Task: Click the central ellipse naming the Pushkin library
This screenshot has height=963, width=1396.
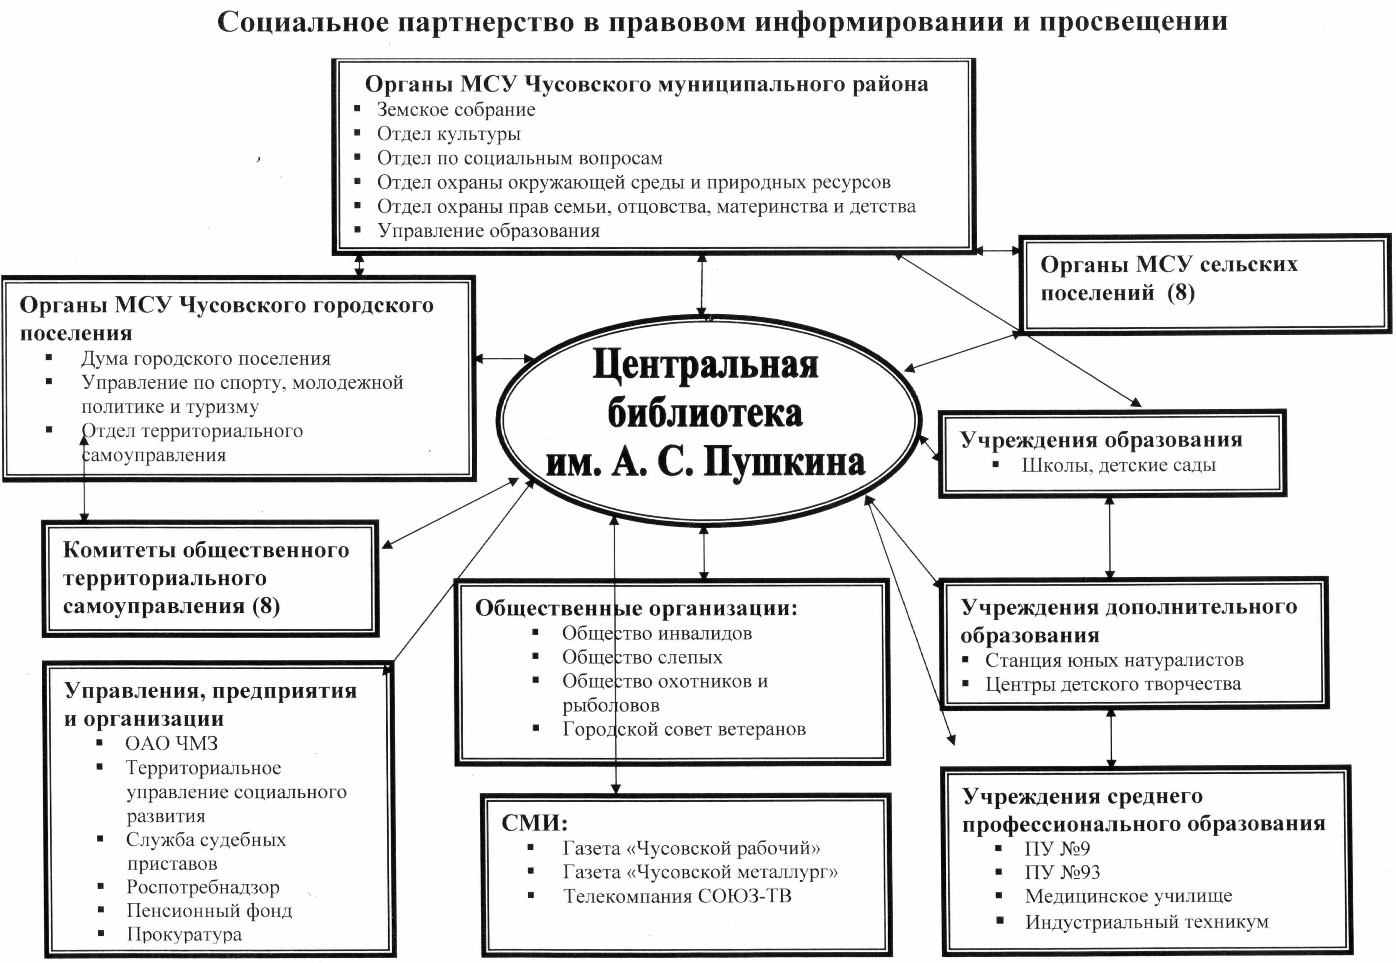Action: (706, 416)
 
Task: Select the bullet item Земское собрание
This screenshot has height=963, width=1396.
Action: (456, 110)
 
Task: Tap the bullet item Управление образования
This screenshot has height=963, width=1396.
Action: (488, 231)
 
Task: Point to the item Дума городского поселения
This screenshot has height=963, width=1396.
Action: (206, 359)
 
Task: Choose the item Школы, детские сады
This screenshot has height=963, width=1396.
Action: (1118, 465)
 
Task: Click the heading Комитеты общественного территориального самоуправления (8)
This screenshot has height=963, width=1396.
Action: (206, 578)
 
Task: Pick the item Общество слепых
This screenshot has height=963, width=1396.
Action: (642, 657)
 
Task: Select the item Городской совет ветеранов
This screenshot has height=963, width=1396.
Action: (683, 729)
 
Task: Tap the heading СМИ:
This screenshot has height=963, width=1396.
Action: (535, 823)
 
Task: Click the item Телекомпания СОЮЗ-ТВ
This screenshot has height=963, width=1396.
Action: (677, 896)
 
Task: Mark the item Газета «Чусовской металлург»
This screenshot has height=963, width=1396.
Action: (700, 872)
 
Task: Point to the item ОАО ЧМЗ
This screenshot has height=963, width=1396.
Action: (171, 744)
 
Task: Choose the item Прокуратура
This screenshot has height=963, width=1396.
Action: (184, 934)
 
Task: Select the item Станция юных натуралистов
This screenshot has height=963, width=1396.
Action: (1113, 660)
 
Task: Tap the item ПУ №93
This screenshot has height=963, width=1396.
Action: (1062, 872)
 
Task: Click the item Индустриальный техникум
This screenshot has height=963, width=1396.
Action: (1146, 922)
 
